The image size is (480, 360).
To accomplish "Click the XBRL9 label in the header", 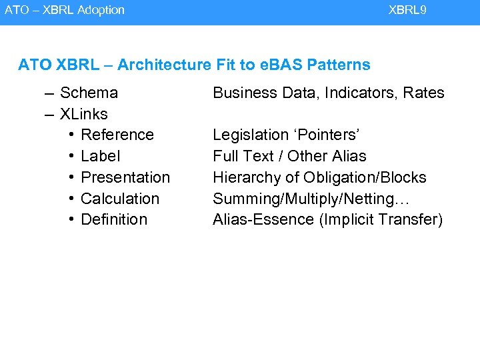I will [407, 10].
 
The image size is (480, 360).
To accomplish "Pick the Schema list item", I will [89, 93].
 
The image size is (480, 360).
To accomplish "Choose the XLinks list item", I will [83, 114].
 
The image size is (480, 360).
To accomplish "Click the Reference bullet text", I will [117, 135].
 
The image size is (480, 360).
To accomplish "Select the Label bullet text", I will [100, 156].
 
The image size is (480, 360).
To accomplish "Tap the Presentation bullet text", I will [125, 177].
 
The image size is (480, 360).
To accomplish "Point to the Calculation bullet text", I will [120, 199].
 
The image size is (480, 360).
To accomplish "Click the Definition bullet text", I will [113, 219].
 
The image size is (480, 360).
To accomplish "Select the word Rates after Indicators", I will [423, 93].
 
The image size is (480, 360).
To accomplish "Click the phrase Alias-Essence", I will [264, 219].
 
